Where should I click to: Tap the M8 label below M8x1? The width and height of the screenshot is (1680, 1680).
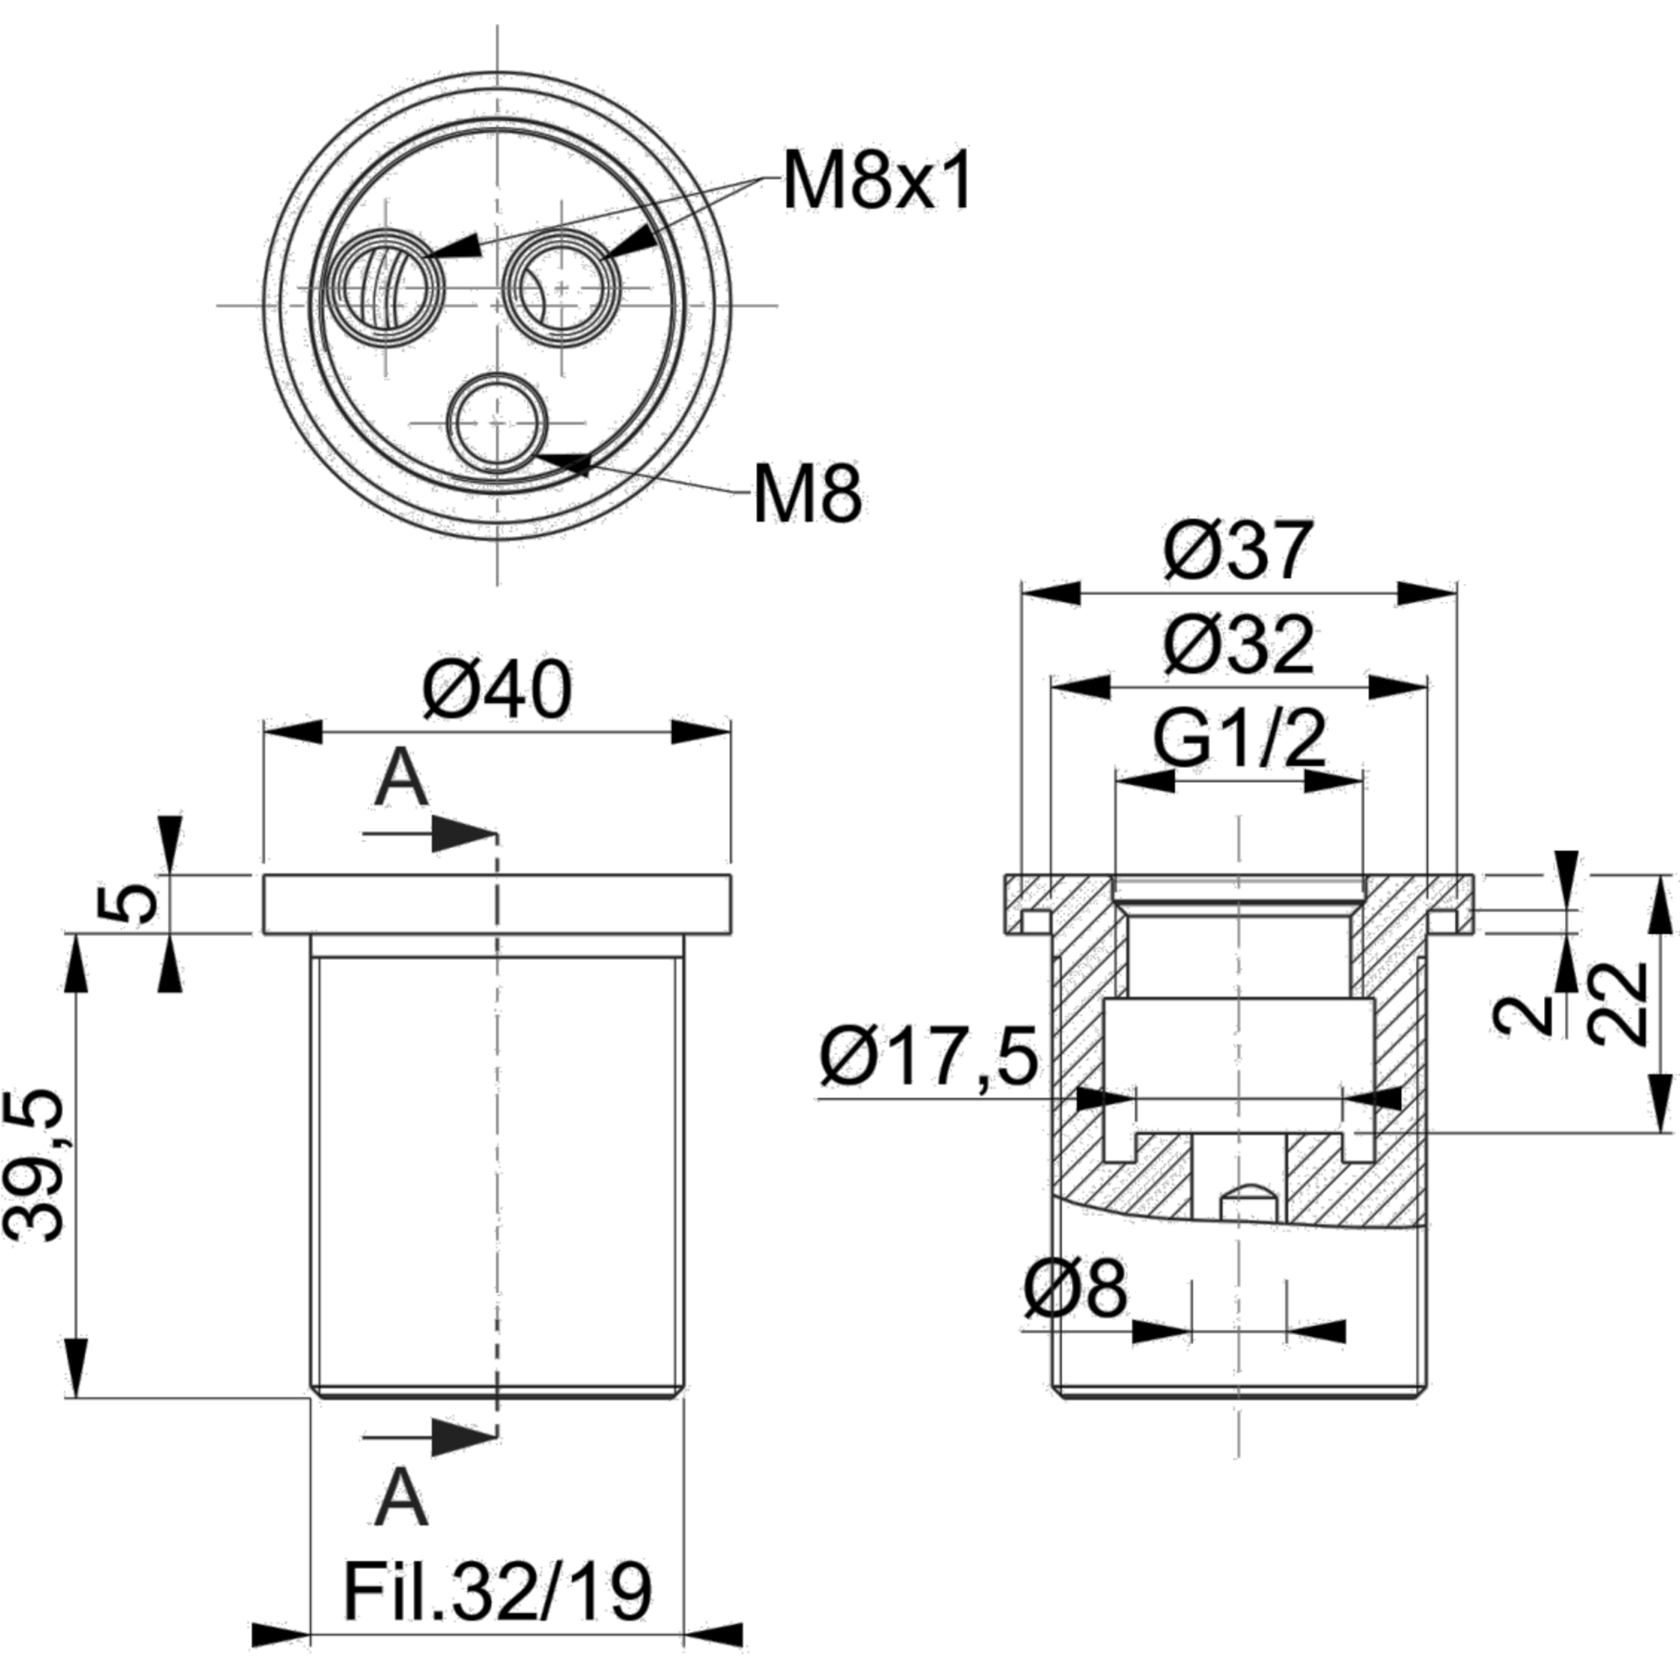809,494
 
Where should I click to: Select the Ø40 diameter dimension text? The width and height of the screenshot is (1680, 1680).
497,690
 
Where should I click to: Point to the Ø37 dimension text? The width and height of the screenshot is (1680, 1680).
1238,549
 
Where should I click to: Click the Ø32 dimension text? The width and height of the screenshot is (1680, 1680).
1238,645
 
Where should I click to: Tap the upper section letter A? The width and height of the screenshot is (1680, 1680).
403,780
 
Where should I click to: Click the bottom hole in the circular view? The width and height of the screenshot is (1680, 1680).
497,424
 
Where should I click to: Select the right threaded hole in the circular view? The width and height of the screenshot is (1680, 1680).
564,286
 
